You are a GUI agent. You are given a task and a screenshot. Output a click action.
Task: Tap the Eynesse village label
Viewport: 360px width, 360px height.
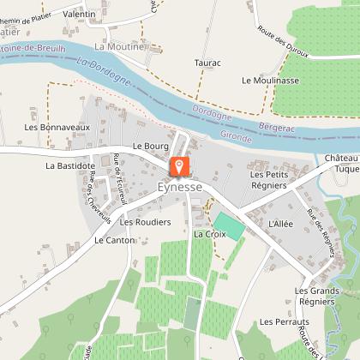pos(179,186)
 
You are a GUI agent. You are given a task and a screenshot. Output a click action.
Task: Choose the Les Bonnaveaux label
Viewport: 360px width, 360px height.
pos(69,127)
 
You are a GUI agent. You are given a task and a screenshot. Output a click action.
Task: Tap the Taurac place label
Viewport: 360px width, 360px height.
pos(207,63)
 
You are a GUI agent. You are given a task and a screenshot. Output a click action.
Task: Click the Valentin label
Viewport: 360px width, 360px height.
pos(79,15)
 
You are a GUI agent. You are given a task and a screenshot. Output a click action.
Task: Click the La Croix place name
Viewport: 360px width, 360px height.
pos(209,233)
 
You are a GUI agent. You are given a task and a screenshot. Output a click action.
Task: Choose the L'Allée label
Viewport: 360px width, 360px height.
pos(280,223)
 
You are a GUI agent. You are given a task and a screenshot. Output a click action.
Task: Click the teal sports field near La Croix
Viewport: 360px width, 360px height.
pos(229,226)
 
